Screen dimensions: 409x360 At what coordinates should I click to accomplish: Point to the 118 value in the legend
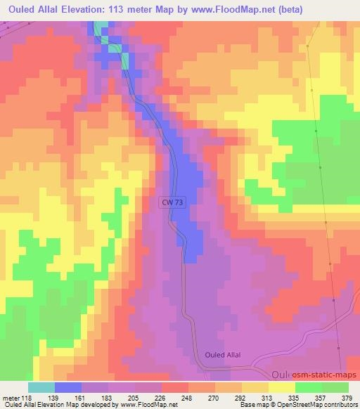click(26, 398)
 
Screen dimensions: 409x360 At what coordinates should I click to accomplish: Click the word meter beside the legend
click(10, 398)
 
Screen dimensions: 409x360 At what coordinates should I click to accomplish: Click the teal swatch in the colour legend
click(41, 387)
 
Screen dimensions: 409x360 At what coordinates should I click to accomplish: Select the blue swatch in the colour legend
click(68, 387)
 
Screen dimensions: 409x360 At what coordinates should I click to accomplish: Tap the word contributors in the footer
click(340, 405)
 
